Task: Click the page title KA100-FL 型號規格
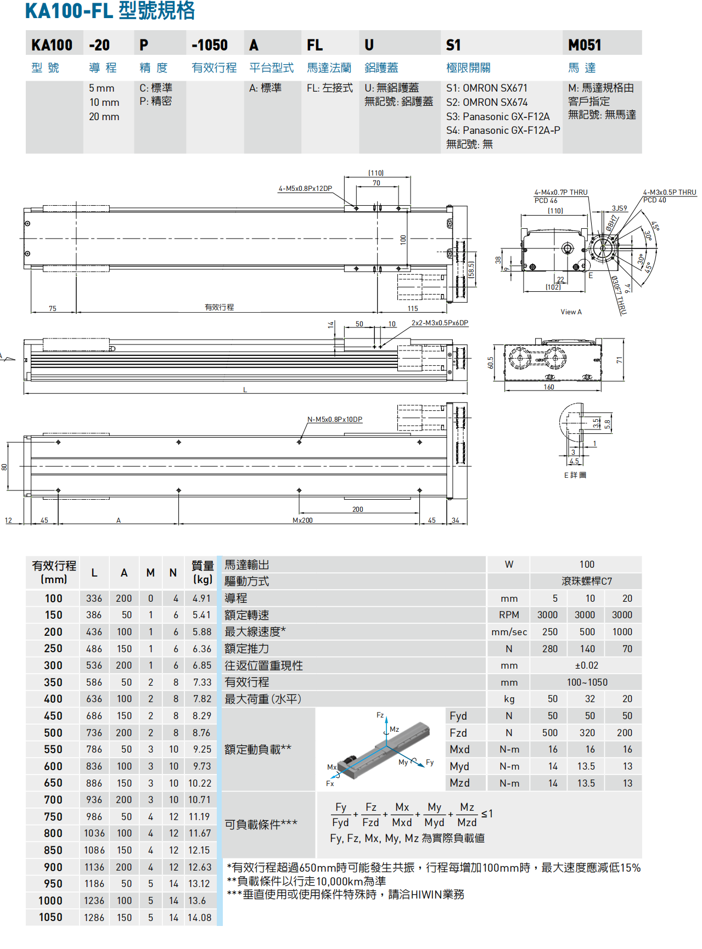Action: coord(110,11)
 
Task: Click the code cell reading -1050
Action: coord(210,45)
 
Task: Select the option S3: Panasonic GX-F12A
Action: coord(497,116)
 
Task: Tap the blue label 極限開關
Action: coord(468,68)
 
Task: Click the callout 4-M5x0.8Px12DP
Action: coord(305,189)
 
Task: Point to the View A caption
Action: coord(571,312)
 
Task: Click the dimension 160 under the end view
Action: coord(549,387)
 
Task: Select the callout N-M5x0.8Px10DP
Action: coord(334,420)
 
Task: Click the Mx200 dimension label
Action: coord(302,521)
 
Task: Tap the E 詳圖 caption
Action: coord(575,475)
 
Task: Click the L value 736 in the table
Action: coord(94,733)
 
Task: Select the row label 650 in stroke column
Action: coord(53,783)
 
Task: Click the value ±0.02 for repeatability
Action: coord(586,666)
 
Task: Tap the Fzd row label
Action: coord(458,733)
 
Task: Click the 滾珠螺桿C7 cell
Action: coord(586,581)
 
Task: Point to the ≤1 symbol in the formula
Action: coord(487,814)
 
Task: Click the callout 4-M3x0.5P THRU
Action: coord(669,193)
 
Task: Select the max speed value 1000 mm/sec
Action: coord(622,632)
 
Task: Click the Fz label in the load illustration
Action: coord(380,715)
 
